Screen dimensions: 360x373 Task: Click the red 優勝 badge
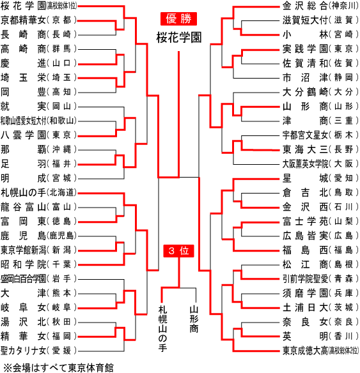178,19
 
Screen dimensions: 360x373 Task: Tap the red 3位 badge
178,251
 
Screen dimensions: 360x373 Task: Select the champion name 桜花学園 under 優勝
179,38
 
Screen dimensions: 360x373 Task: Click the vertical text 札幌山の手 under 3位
162,328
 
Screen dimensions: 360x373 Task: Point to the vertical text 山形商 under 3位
194,319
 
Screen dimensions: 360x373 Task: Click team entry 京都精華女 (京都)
38,20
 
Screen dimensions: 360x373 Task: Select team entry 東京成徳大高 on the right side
320,351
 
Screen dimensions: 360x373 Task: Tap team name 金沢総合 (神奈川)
320,6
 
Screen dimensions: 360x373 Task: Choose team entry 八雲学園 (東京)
38,135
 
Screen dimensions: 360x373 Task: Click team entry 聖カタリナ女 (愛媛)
38,351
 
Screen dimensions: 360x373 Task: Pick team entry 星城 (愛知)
320,178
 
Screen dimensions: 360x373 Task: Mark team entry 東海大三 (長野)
320,149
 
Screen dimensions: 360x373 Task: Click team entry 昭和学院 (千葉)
38,264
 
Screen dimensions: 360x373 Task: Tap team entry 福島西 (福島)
320,250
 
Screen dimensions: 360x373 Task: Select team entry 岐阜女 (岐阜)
38,307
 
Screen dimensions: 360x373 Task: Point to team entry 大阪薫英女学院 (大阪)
320,164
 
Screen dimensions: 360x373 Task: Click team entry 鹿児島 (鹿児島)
38,236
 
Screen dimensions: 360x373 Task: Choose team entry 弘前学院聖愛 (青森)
320,278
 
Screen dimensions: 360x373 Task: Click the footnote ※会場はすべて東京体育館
59,367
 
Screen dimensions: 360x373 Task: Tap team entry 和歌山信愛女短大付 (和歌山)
38,121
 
